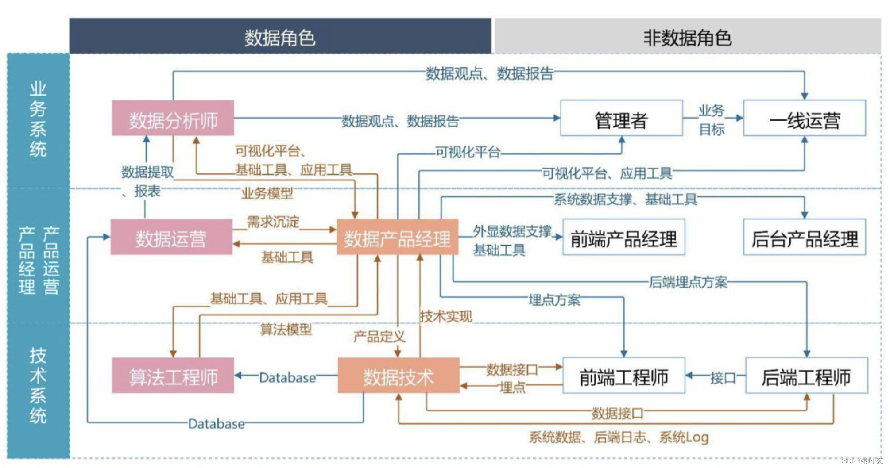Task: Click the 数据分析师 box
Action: pyautogui.click(x=173, y=118)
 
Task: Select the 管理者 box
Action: pyautogui.click(x=621, y=118)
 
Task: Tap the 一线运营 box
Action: pyautogui.click(x=804, y=118)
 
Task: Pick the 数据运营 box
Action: pyautogui.click(x=171, y=237)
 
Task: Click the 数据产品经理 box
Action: pyautogui.click(x=397, y=237)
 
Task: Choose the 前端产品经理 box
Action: pyautogui.click(x=623, y=237)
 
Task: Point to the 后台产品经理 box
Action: pyautogui.click(x=804, y=237)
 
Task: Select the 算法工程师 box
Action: pyautogui.click(x=173, y=376)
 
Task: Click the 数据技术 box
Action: pyautogui.click(x=399, y=376)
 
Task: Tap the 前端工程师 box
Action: pyautogui.click(x=623, y=376)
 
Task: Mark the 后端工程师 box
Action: pyautogui.click(x=806, y=376)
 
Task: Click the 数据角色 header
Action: pyautogui.click(x=280, y=36)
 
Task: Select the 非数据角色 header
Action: pyautogui.click(x=687, y=36)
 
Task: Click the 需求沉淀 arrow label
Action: pyautogui.click(x=273, y=222)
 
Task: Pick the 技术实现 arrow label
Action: pyautogui.click(x=446, y=316)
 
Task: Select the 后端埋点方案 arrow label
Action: pyautogui.click(x=688, y=282)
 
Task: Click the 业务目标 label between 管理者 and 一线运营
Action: pyautogui.click(x=712, y=119)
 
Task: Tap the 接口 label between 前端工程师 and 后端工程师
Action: pyautogui.click(x=723, y=377)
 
